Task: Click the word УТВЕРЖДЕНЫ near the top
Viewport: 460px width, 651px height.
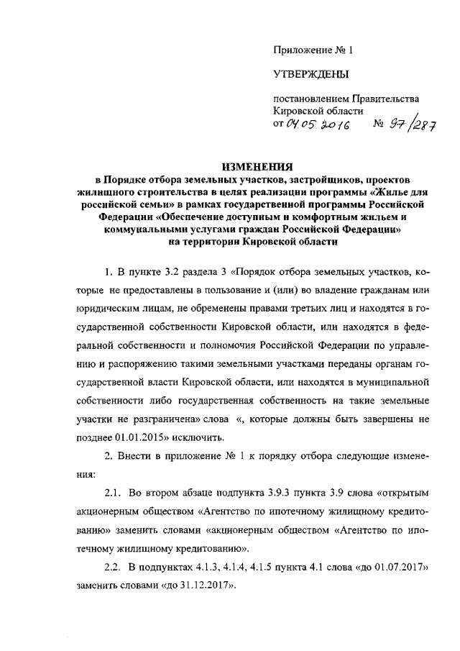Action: tap(310, 73)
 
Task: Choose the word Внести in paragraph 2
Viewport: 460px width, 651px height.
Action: tap(138, 457)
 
